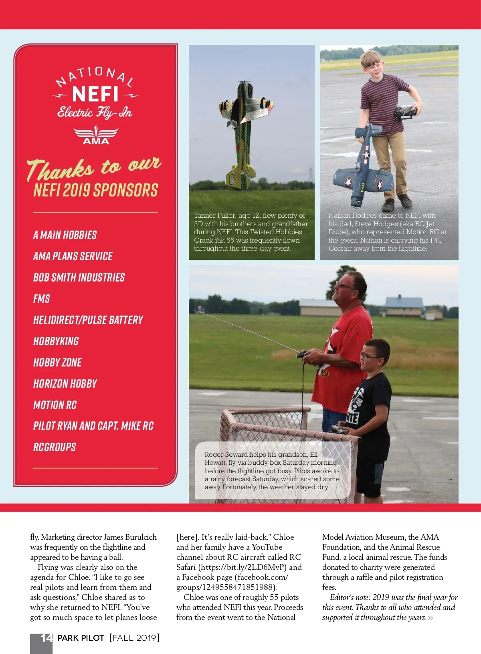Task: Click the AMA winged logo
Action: (96, 136)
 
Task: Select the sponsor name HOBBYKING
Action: (56, 341)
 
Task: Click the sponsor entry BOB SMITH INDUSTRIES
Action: (79, 277)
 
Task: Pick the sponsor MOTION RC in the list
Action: (55, 405)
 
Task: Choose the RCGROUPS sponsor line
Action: (55, 447)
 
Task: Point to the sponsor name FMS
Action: (42, 299)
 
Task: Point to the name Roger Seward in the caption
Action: (226, 455)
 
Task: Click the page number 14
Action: (46, 638)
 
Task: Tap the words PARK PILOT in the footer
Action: (81, 638)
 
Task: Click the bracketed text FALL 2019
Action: (135, 638)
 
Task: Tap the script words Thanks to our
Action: (94, 167)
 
